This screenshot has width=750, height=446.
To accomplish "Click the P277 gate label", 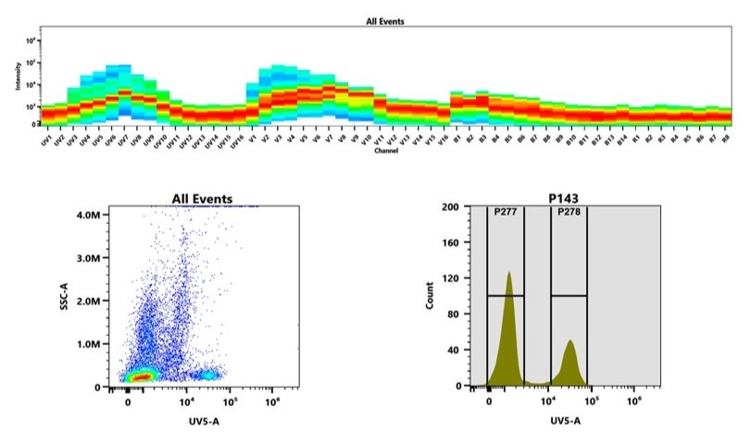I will (506, 212).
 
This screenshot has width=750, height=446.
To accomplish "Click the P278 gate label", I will (568, 212).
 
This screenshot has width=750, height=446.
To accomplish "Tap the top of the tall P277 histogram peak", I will (508, 273).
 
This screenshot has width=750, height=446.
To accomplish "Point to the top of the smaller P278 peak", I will (569, 341).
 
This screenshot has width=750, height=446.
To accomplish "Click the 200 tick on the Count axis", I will (467, 207).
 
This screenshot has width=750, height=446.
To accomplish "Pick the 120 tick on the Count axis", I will (467, 279).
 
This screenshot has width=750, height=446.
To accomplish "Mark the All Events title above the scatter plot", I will (202, 198).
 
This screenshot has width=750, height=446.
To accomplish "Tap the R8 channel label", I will (726, 137).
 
